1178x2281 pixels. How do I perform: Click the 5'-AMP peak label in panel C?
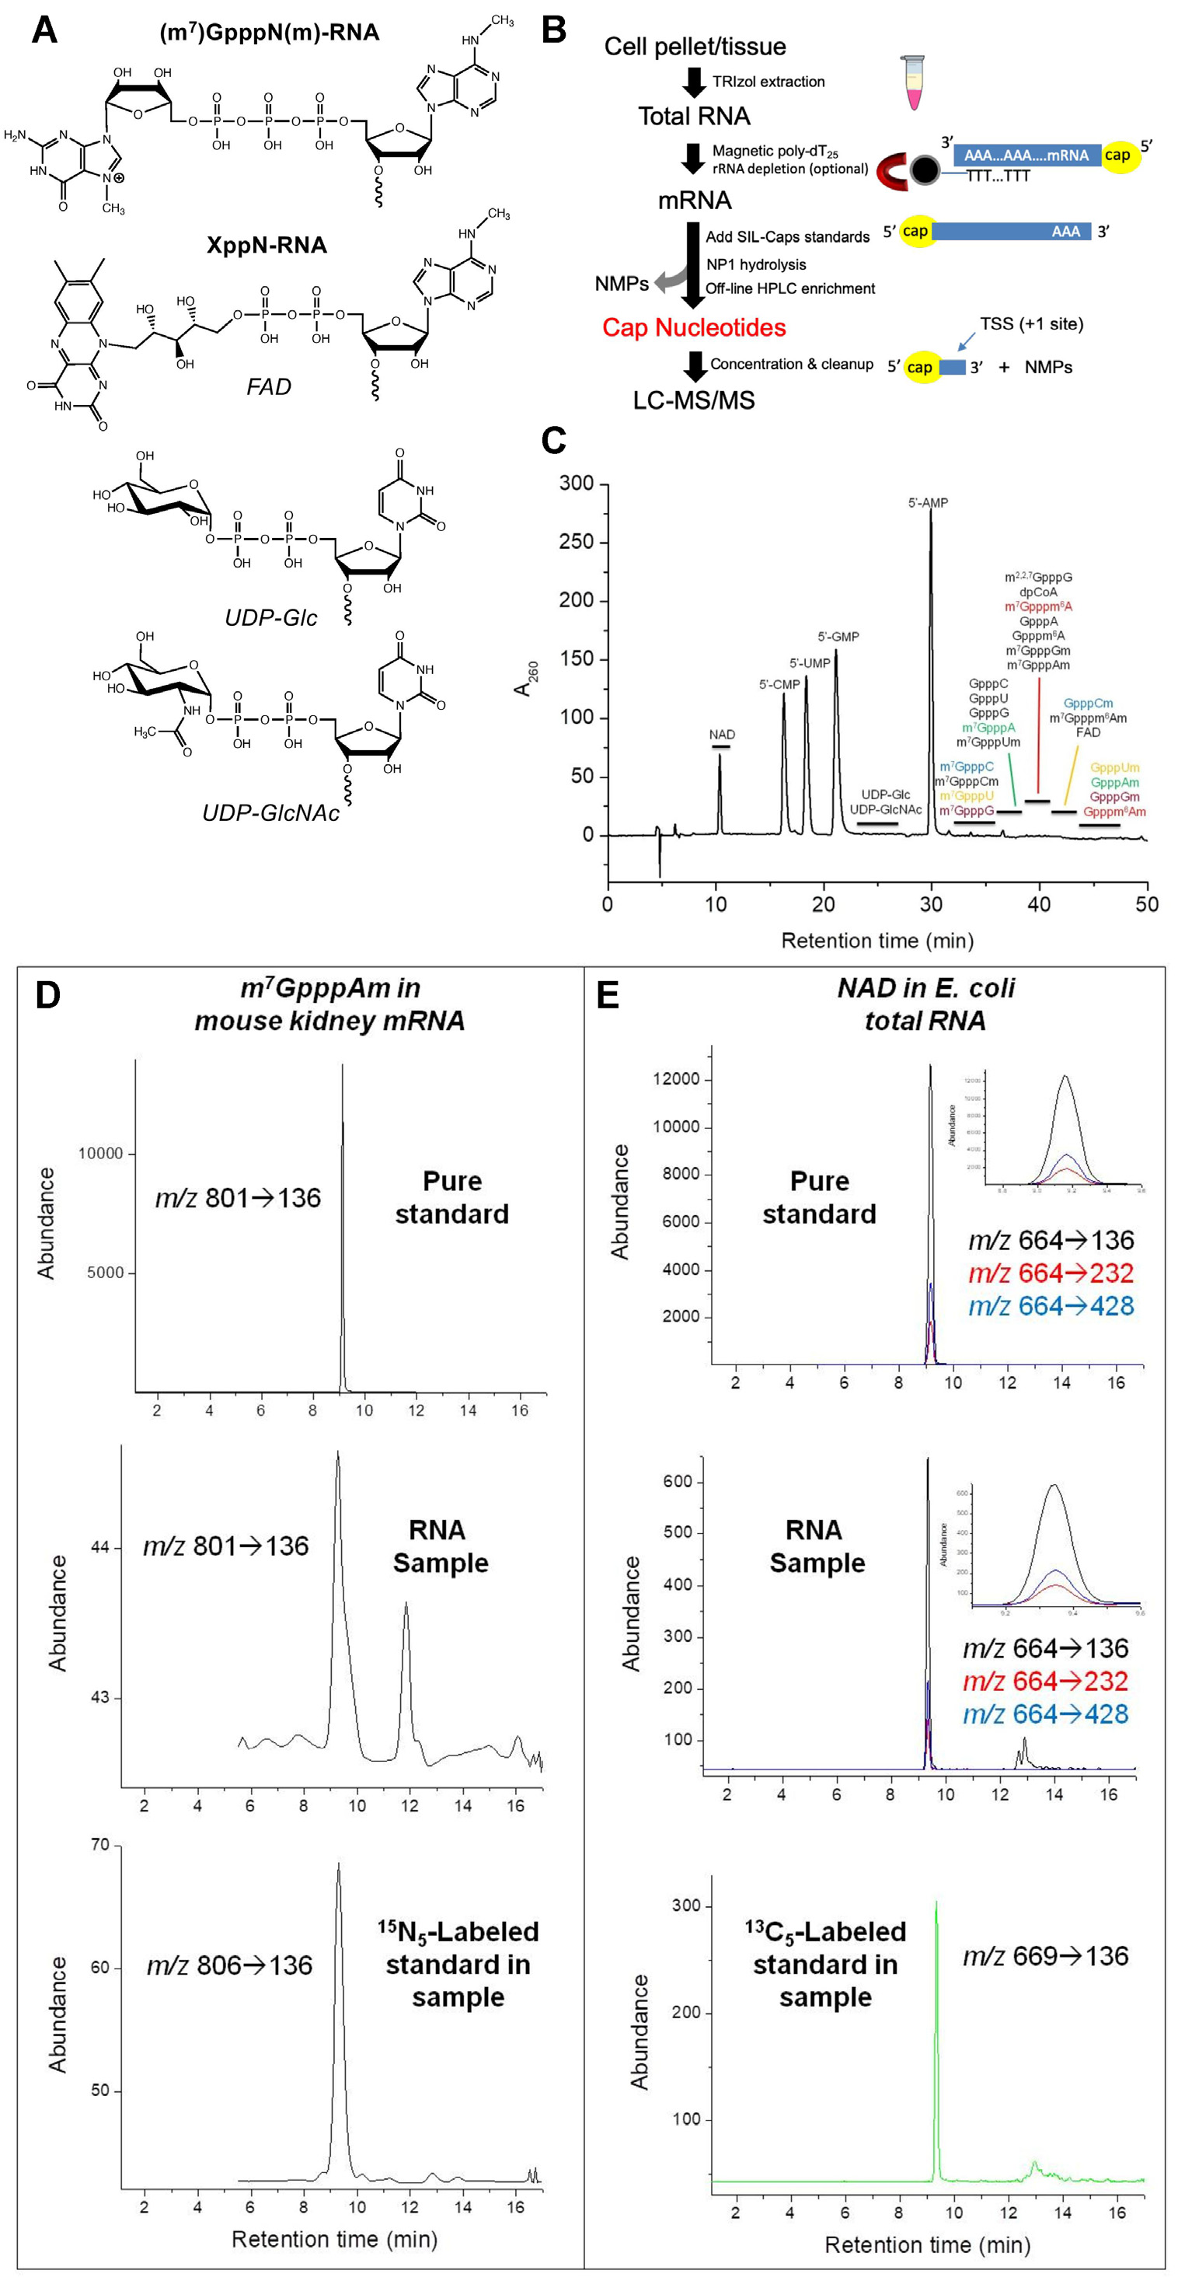[x=928, y=503]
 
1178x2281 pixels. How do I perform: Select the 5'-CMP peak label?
[x=779, y=684]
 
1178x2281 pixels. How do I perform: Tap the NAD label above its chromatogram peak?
[x=721, y=735]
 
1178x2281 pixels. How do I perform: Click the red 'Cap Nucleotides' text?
[x=694, y=329]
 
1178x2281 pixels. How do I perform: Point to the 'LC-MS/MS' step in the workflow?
[x=694, y=401]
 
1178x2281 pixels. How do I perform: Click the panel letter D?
[x=48, y=995]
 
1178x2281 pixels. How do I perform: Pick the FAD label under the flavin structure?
[x=269, y=387]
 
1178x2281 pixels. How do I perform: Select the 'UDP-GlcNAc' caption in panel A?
[x=271, y=813]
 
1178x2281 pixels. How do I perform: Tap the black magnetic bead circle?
[x=923, y=171]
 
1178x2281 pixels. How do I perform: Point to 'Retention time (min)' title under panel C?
[x=877, y=941]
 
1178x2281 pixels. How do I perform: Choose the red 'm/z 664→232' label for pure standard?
[x=1051, y=1273]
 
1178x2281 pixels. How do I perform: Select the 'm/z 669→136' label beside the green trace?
[x=1045, y=1956]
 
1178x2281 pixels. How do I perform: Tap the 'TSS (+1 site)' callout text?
[x=1031, y=324]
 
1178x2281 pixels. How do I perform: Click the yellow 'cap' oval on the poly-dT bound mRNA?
[x=1117, y=155]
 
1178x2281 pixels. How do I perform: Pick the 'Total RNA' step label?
[x=694, y=116]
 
